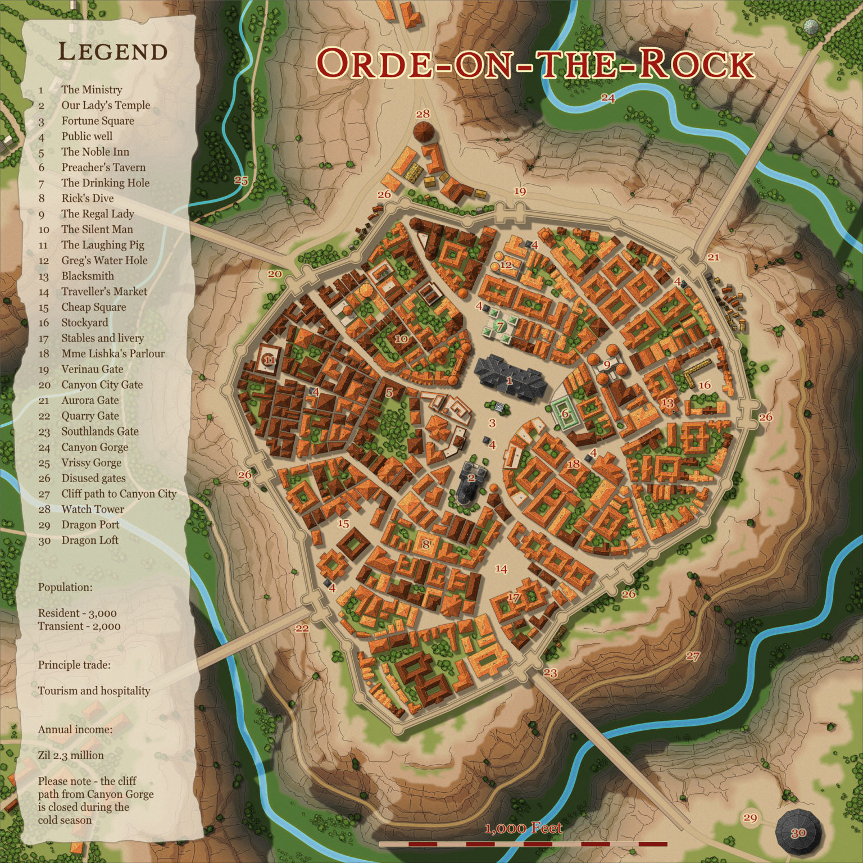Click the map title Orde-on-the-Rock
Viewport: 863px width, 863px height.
click(534, 63)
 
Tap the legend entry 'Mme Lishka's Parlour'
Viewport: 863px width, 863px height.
click(113, 353)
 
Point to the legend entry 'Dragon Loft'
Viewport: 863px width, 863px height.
click(90, 540)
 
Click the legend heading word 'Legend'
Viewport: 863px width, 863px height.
click(113, 52)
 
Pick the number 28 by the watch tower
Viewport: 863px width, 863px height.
click(423, 114)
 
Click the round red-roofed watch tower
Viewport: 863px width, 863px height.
click(424, 133)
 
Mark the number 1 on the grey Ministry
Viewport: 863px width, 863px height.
click(509, 381)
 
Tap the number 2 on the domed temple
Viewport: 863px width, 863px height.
click(471, 478)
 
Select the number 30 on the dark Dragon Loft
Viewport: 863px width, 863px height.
click(798, 833)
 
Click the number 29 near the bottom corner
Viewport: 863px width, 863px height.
click(751, 817)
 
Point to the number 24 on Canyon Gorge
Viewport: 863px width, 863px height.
click(608, 98)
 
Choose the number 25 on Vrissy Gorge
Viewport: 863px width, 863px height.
click(241, 181)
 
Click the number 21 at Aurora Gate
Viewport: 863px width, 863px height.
click(714, 257)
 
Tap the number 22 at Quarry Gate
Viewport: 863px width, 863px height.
click(302, 628)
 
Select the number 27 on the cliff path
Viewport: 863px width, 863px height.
click(693, 656)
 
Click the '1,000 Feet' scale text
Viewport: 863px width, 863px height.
click(523, 828)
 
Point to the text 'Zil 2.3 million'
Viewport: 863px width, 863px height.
click(71, 755)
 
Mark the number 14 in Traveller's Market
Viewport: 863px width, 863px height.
click(501, 569)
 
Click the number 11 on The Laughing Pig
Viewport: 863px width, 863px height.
click(270, 360)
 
